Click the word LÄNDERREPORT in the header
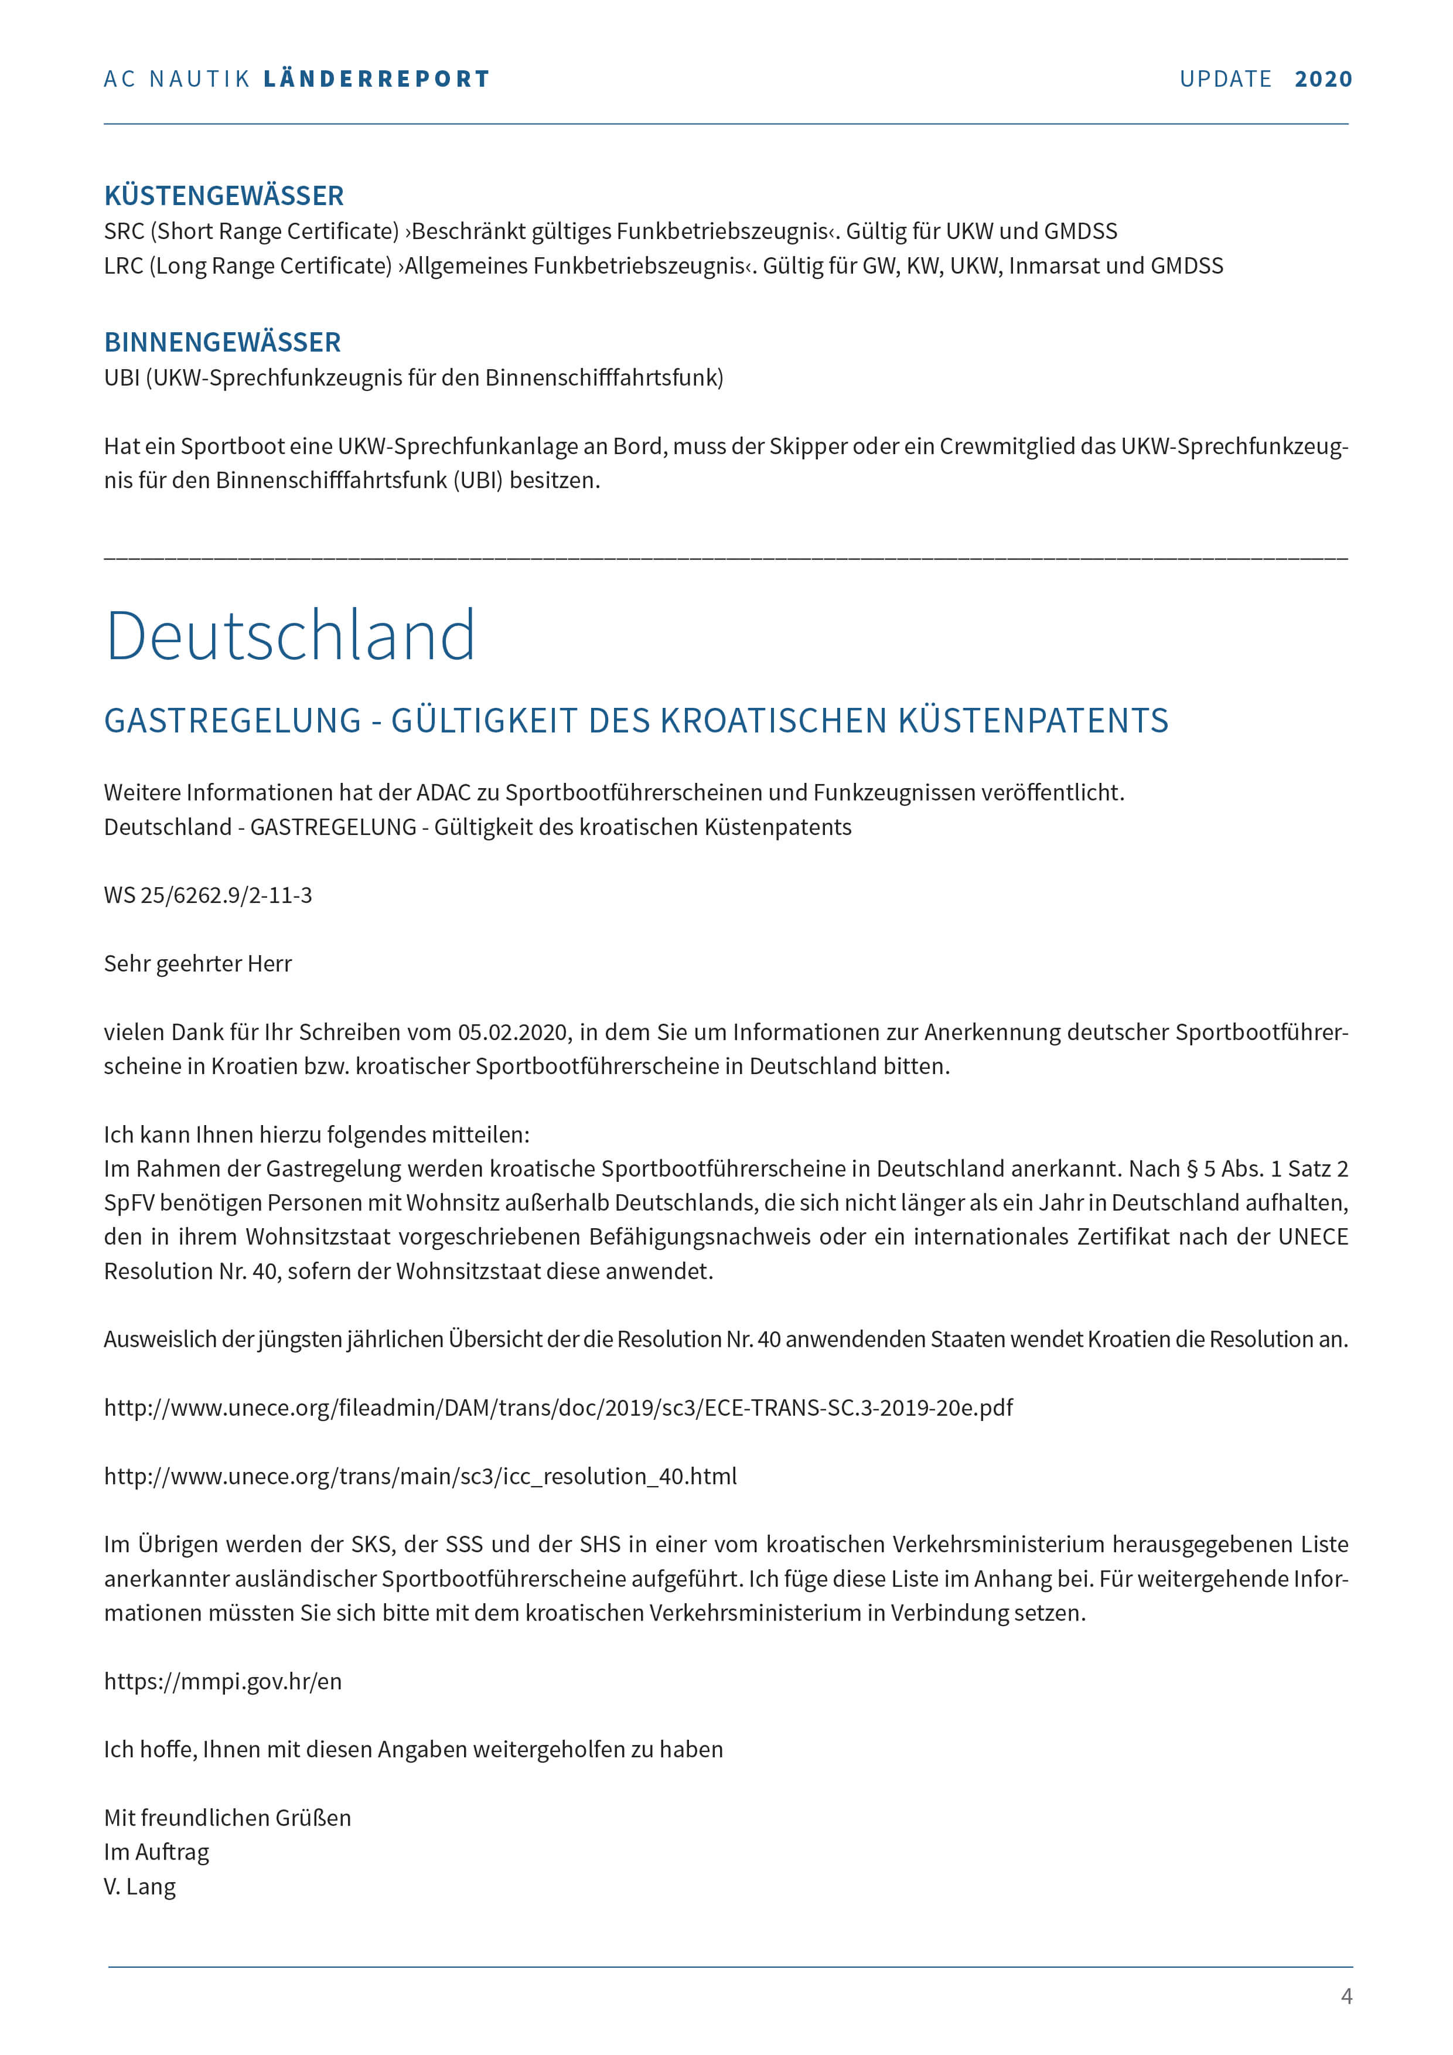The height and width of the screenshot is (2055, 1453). (377, 79)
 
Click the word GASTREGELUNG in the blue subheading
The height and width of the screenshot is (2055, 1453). (233, 721)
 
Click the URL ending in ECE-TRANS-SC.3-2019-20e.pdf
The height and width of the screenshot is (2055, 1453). (558, 1408)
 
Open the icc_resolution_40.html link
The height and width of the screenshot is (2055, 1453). (421, 1476)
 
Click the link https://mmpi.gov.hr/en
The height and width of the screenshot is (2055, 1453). (223, 1681)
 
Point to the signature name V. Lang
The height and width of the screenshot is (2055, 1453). (139, 1887)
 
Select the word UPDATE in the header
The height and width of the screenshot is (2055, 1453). (1225, 79)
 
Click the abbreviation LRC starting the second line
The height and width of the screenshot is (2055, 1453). (124, 266)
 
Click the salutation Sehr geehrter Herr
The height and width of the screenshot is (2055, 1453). (197, 964)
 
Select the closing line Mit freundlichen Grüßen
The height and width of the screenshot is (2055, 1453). (227, 1818)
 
